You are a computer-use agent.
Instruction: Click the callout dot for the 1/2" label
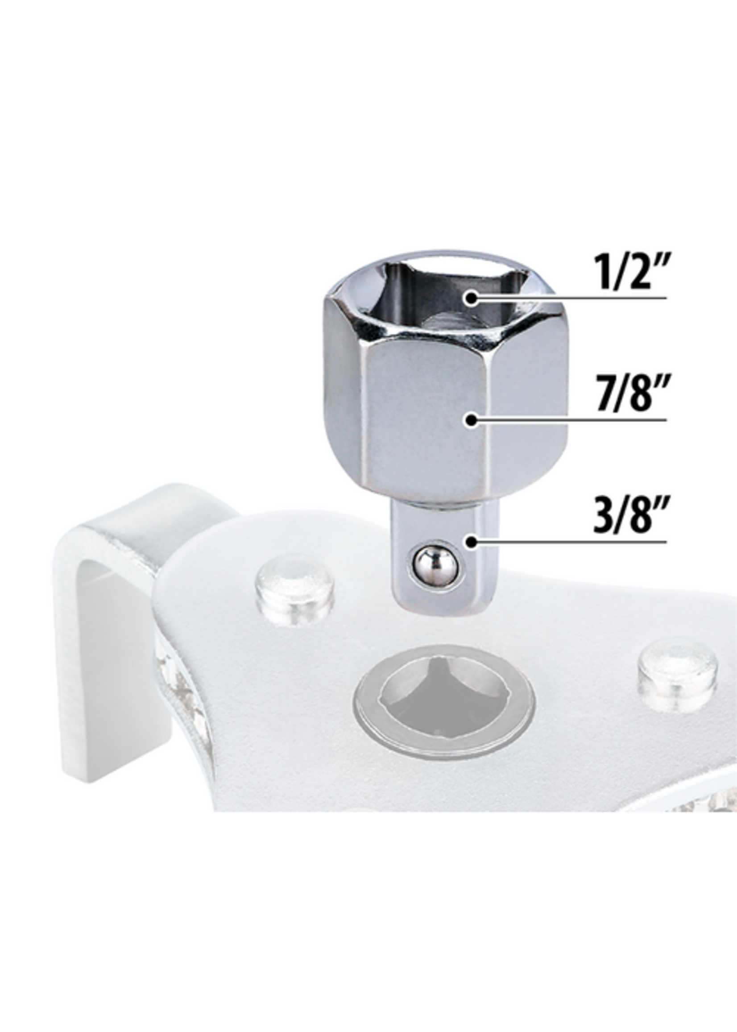tap(472, 298)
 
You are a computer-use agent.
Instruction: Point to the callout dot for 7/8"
tap(472, 420)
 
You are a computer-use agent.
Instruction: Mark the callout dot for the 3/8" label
tap(472, 542)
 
